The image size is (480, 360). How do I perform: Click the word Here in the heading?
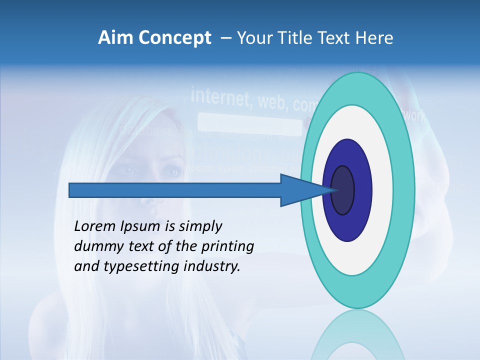(374, 38)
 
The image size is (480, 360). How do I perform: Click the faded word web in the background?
(272, 102)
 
